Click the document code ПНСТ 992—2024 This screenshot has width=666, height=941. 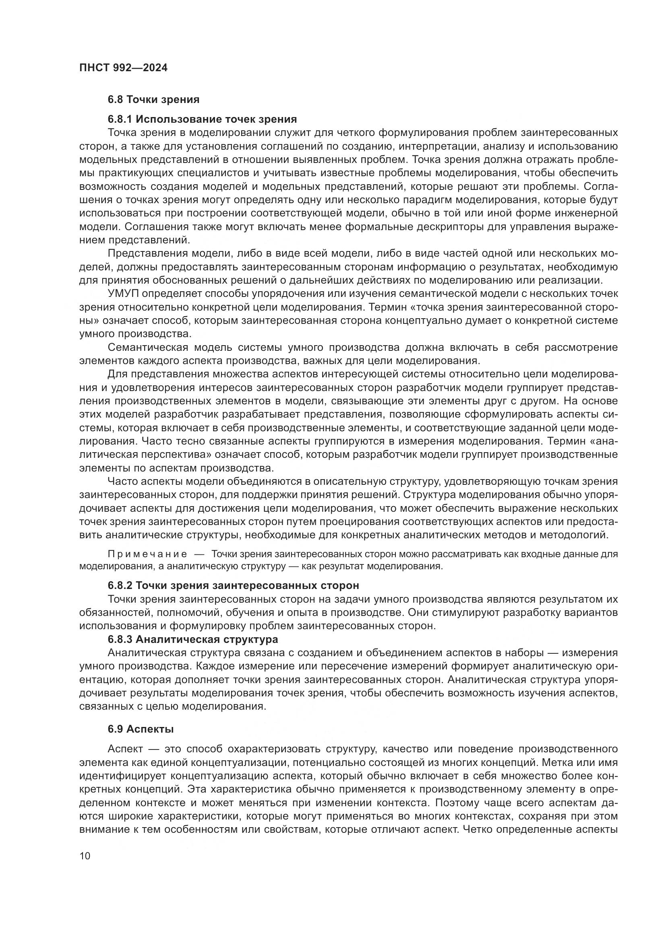point(124,68)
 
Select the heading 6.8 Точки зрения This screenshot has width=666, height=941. point(154,99)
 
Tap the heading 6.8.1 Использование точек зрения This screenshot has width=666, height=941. point(202,119)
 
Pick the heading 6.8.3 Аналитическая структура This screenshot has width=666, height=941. point(193,639)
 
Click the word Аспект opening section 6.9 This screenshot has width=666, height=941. point(125,749)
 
